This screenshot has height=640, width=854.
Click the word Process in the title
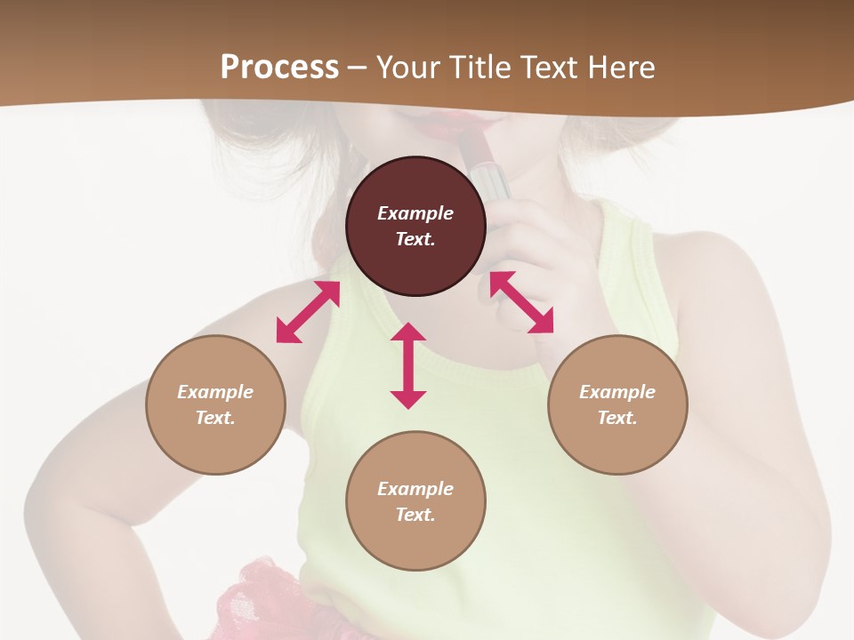(279, 68)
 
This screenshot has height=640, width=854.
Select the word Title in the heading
(479, 68)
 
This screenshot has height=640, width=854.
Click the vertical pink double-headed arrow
(408, 365)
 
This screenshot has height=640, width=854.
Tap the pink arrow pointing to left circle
(308, 312)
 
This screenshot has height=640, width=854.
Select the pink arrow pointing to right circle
(522, 302)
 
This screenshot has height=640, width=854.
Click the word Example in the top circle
(415, 213)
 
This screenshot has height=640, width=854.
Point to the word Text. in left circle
(215, 418)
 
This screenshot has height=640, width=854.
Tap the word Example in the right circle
(617, 392)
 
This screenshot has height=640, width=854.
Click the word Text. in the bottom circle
(415, 515)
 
